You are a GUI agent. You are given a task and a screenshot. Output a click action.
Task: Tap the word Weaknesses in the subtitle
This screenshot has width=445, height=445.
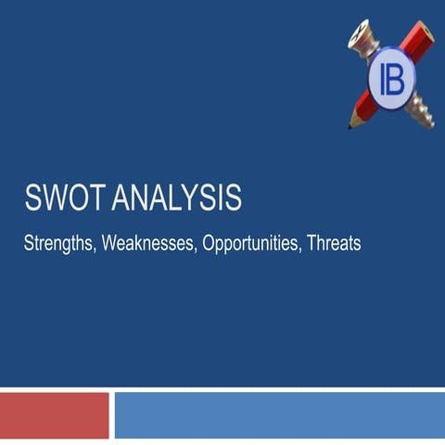(148, 245)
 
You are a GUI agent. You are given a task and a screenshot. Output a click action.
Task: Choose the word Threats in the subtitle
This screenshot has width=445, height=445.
(333, 245)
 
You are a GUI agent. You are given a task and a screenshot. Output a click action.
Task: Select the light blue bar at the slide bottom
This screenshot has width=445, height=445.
(278, 414)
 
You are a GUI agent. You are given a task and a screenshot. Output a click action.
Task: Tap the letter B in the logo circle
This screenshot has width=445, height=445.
(393, 78)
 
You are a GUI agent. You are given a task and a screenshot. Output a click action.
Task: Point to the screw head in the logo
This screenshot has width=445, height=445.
(361, 36)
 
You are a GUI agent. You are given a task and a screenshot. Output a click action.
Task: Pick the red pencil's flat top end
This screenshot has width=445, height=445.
(425, 33)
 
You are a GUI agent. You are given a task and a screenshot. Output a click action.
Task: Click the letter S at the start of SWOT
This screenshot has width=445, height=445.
(32, 198)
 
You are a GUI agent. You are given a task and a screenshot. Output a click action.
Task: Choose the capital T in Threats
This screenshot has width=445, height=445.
(312, 244)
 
